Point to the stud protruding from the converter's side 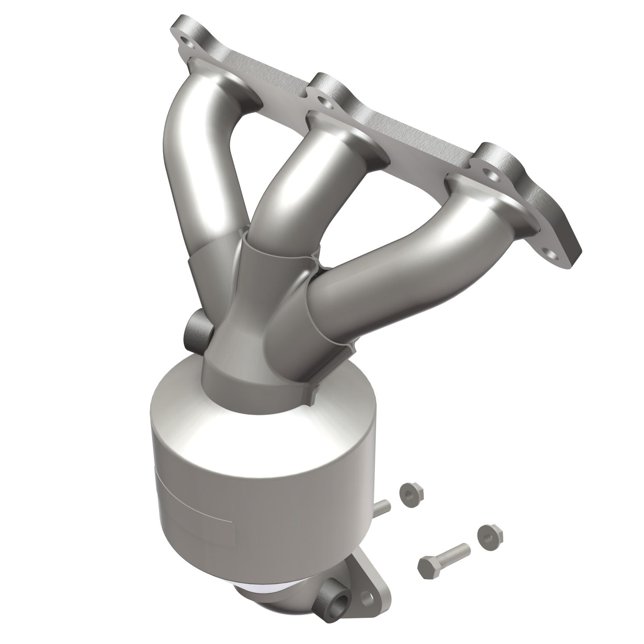coord(383,508)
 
